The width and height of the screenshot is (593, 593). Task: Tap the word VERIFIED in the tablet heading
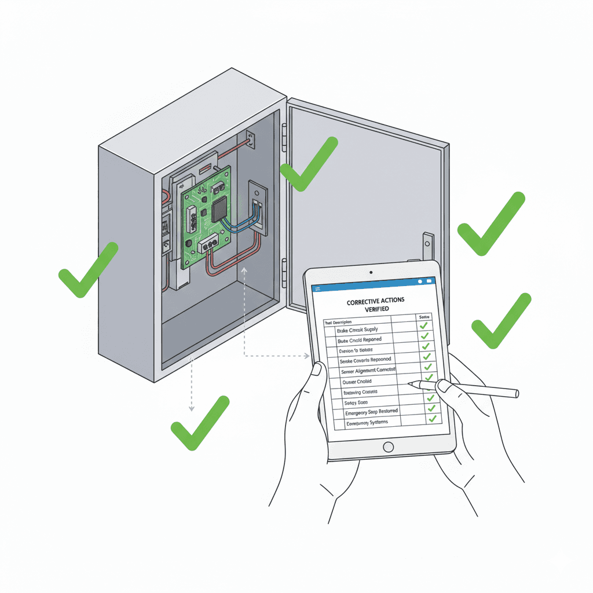376,310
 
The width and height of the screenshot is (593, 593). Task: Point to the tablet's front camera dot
371,272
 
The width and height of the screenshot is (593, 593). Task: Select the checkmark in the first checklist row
424,327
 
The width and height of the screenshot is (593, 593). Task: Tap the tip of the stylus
409,383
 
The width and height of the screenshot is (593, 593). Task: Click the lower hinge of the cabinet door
284,272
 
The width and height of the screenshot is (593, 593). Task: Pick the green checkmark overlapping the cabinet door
308,164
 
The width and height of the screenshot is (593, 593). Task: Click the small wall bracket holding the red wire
250,139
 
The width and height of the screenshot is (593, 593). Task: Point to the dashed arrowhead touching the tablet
307,356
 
